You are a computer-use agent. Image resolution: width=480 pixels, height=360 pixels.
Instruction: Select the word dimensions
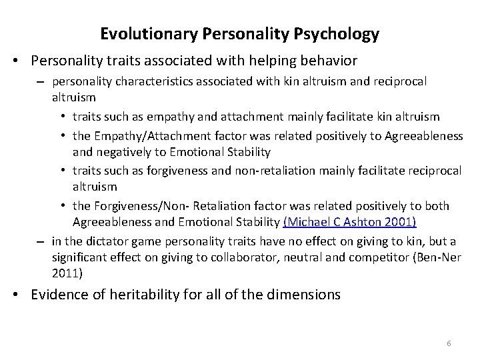click(x=305, y=295)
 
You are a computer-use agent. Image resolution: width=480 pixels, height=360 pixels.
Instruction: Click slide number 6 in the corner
click(x=449, y=343)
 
